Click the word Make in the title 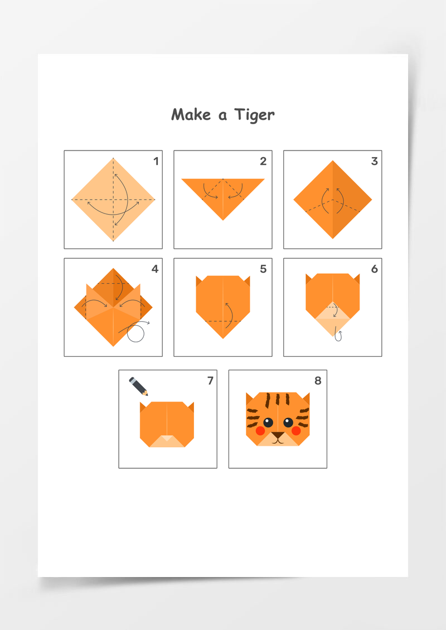click(191, 114)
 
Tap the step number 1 click(156, 161)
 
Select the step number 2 click(263, 161)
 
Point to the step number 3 click(375, 161)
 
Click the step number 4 click(155, 269)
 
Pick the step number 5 click(263, 269)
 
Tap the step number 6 click(375, 269)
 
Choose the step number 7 click(210, 380)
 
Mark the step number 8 click(318, 380)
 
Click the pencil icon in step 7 click(139, 386)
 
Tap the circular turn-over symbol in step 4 click(136, 333)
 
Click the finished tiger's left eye click(268, 422)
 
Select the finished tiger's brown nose click(278, 435)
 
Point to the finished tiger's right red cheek click(296, 431)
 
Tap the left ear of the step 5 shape click(198, 280)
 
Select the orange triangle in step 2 click(223, 193)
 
